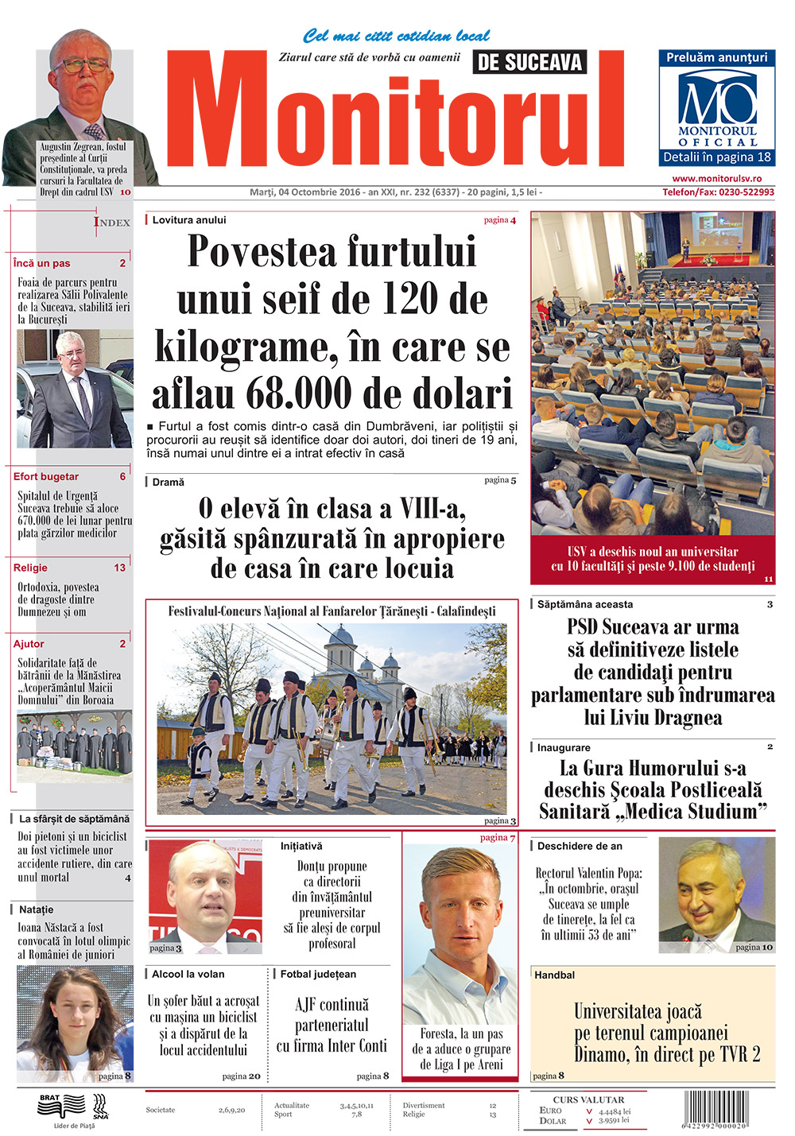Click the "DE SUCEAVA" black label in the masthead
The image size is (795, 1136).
pos(529,62)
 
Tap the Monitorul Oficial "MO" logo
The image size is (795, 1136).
pos(717,99)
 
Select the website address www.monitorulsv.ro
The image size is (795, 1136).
pos(716,179)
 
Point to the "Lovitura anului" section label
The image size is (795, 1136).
pos(189,220)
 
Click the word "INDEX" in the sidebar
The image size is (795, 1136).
pos(112,223)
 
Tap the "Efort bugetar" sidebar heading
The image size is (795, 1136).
pos(46,476)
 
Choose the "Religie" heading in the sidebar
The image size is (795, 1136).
pos(30,568)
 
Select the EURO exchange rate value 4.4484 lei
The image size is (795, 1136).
pos(615,1111)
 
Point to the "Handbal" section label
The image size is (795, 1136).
pos(554,975)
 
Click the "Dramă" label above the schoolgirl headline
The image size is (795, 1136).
pos(168,482)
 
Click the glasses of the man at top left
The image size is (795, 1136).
pos(79,64)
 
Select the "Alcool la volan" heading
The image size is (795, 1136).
pos(188,974)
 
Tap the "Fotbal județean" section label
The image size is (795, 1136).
pos(318,974)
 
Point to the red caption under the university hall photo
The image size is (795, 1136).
pos(653,559)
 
